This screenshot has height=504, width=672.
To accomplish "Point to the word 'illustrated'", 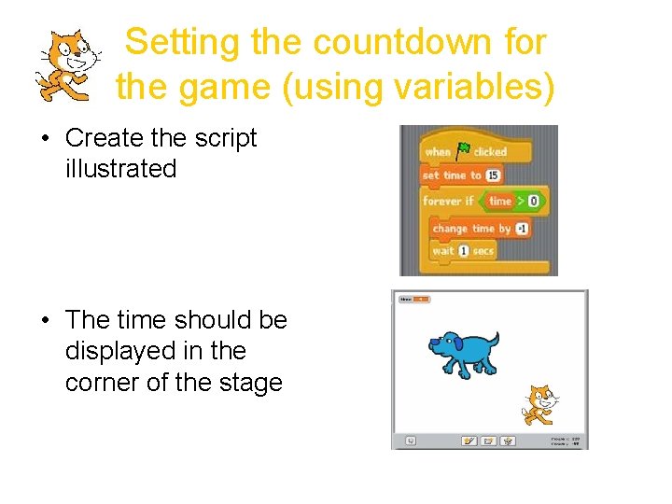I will (x=120, y=169).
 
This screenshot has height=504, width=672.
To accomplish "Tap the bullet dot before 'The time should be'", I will (x=45, y=320).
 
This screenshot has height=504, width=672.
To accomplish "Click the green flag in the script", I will (x=464, y=149).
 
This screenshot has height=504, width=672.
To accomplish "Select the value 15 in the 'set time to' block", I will (x=493, y=175).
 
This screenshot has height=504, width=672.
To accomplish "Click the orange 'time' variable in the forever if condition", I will (x=501, y=201).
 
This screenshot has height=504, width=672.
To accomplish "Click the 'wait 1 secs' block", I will (x=463, y=251).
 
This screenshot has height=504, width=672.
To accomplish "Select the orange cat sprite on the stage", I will (x=539, y=405).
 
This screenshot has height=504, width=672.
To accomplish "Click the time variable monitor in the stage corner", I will (x=413, y=299).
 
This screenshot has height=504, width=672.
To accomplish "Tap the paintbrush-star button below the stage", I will (x=469, y=440).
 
